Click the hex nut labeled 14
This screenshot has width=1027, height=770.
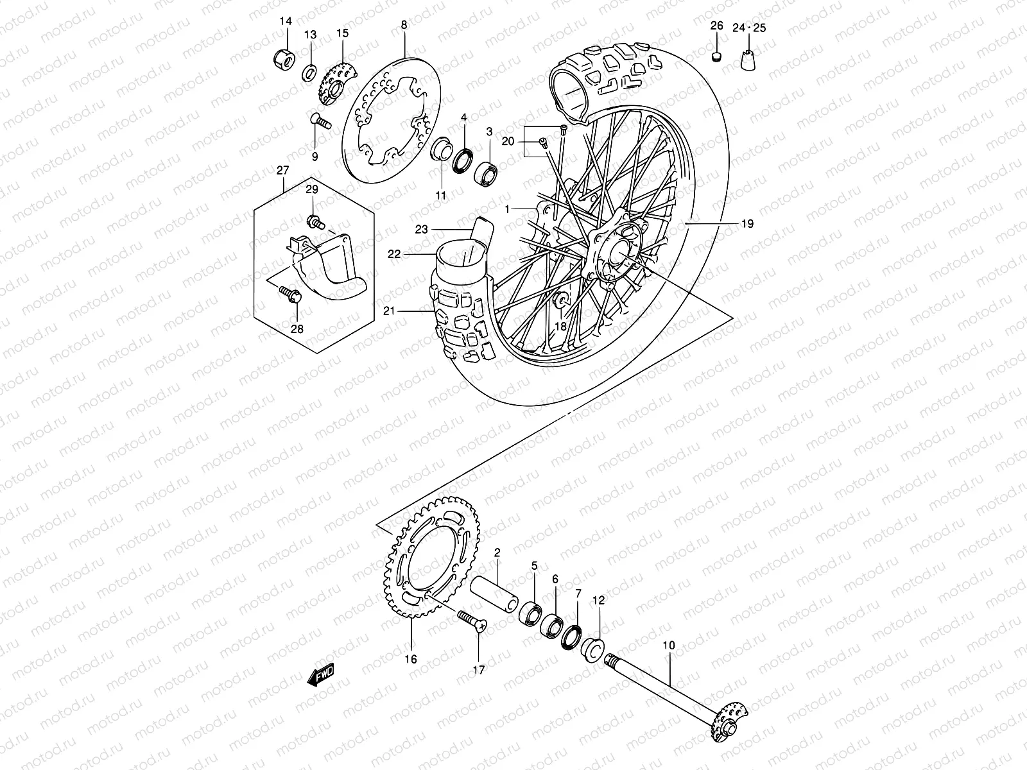tap(282, 58)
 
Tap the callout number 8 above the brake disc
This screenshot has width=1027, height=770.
tap(403, 26)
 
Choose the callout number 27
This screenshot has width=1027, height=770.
tap(283, 170)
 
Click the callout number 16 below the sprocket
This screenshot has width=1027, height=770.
tap(410, 659)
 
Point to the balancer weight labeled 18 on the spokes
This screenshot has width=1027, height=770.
tap(560, 300)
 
